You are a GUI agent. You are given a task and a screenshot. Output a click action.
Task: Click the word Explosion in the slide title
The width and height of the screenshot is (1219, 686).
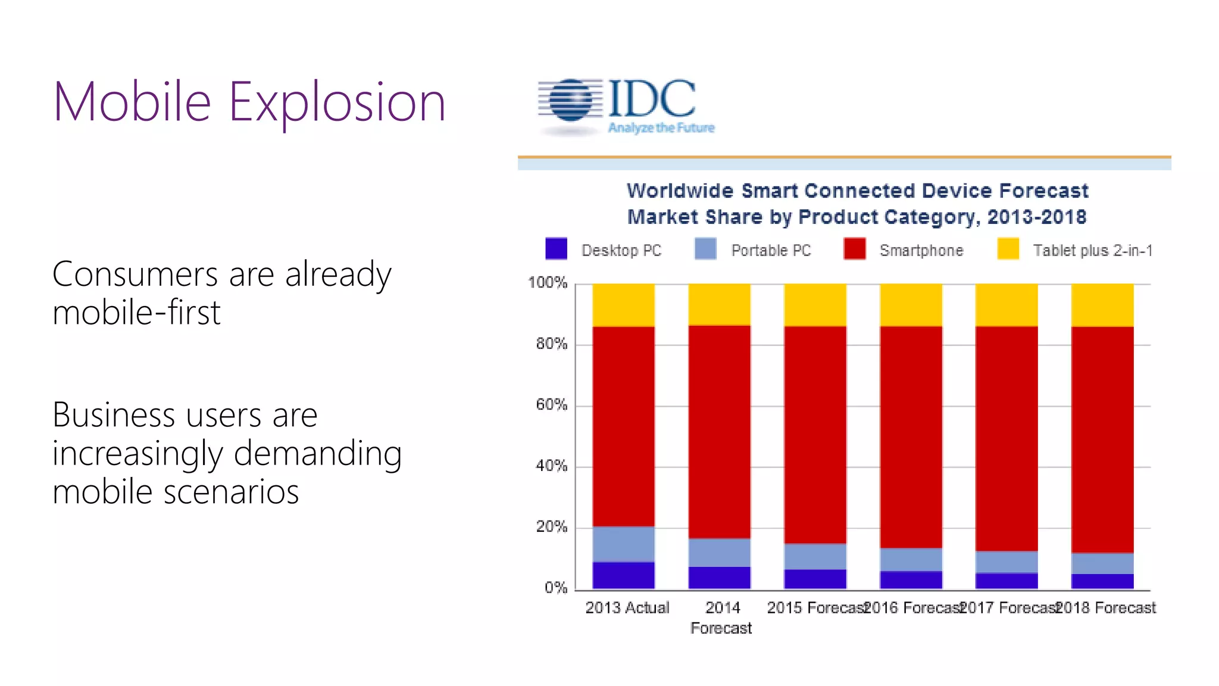click(337, 102)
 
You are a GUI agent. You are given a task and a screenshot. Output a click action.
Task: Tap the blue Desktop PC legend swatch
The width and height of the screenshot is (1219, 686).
click(556, 249)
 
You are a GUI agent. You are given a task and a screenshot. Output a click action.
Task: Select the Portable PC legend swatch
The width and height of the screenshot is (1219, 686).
click(705, 249)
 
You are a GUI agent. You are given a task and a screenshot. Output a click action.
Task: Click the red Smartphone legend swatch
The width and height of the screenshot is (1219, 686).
click(855, 249)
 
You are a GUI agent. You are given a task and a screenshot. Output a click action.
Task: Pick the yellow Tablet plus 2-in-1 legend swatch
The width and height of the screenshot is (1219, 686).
click(1008, 249)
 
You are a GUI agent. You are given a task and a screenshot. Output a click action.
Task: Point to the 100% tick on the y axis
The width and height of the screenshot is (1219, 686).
click(548, 283)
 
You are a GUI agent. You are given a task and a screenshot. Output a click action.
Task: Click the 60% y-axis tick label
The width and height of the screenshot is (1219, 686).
click(551, 405)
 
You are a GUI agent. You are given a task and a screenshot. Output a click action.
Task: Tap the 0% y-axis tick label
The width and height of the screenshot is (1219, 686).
click(555, 588)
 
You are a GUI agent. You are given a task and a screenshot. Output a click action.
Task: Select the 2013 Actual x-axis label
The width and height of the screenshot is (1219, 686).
click(627, 608)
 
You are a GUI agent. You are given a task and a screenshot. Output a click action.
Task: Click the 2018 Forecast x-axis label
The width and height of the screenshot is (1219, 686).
click(1106, 608)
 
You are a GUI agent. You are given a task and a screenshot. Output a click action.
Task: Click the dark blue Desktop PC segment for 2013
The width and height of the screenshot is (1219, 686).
click(623, 575)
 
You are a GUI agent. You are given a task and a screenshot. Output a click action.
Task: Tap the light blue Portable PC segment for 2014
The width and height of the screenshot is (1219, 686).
click(719, 553)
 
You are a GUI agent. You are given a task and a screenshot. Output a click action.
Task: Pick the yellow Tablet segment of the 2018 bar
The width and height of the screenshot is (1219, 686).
click(1102, 305)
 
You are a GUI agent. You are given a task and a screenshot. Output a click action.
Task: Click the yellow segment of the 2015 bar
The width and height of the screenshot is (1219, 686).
click(815, 305)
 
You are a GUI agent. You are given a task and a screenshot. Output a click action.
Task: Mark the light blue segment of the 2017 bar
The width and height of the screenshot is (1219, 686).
click(1007, 562)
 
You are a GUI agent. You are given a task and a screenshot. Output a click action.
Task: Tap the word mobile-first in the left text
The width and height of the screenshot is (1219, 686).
click(136, 313)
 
